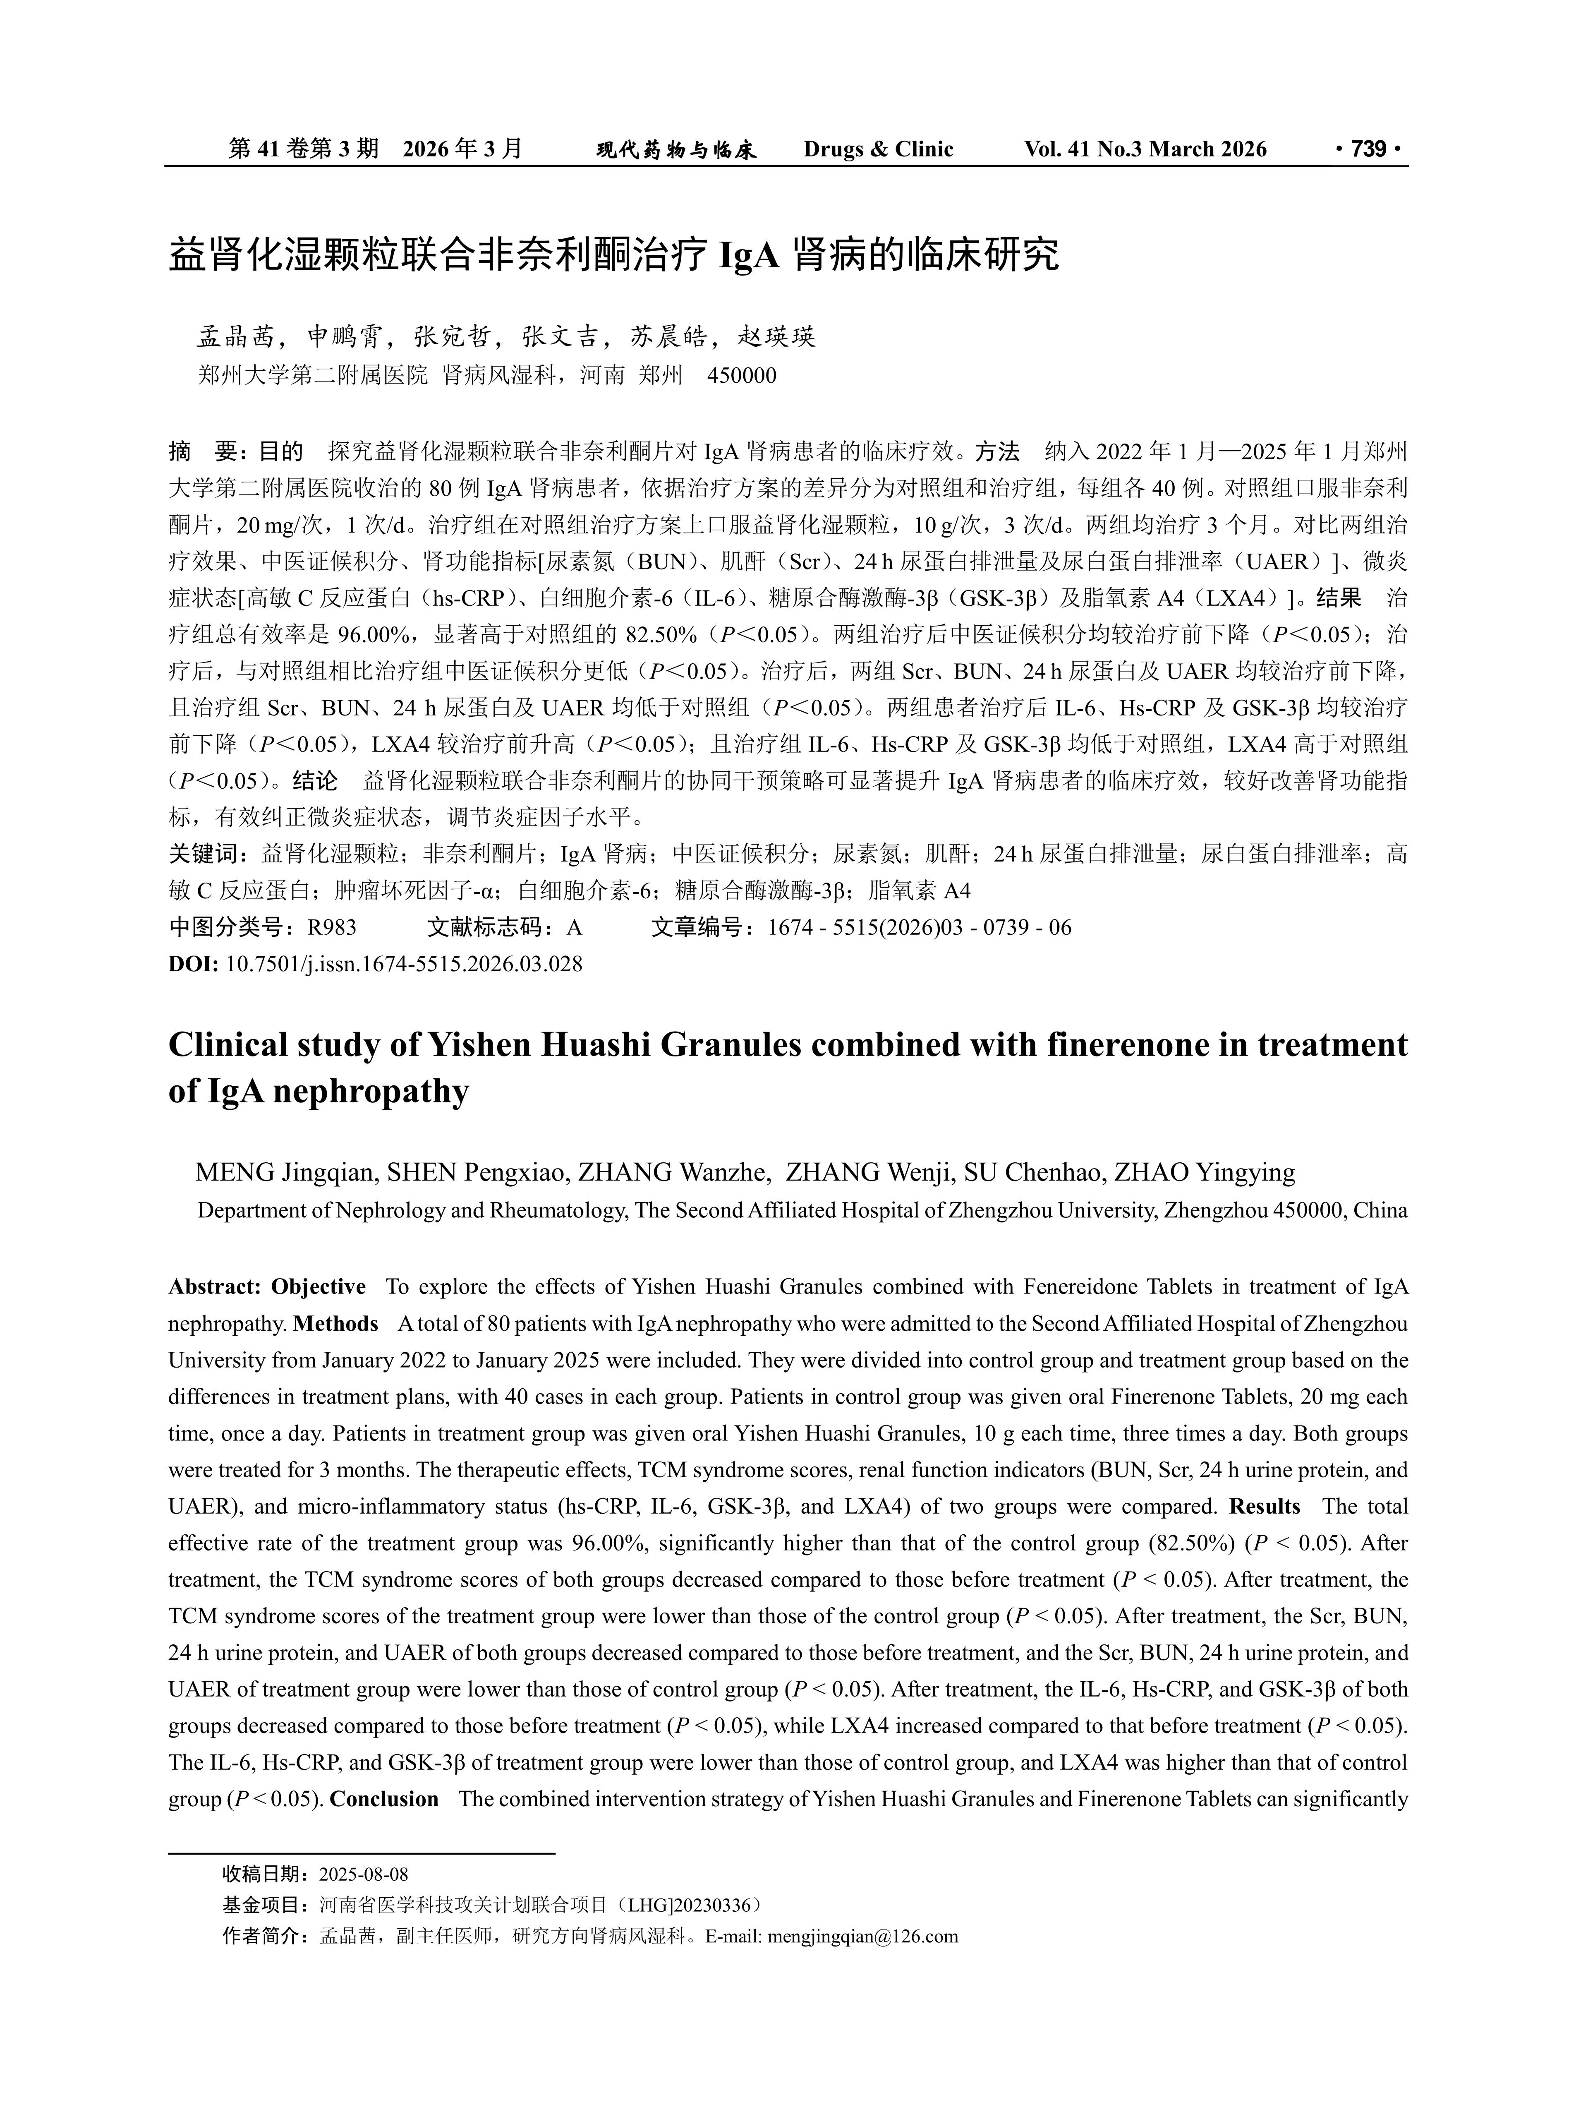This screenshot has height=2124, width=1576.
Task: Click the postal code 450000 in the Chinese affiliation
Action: (741, 376)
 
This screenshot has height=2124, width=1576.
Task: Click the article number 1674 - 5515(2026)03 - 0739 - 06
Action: (920, 927)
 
